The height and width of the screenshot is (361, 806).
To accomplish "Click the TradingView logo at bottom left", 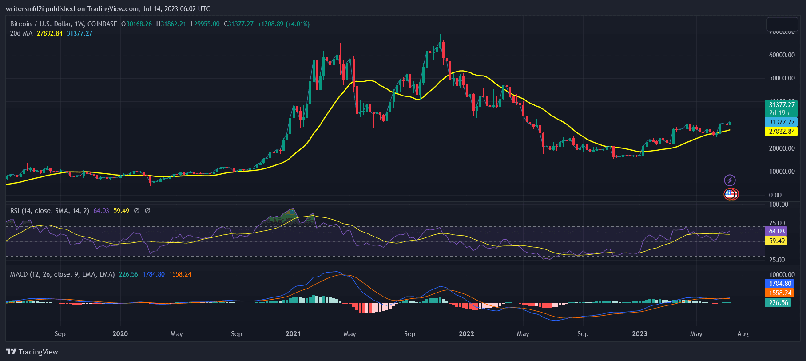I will tap(32, 352).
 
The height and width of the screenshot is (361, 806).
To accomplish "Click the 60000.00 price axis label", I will tap(782, 55).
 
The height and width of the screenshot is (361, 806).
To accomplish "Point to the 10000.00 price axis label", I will tap(782, 172).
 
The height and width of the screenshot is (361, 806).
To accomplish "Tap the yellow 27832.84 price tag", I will tap(780, 132).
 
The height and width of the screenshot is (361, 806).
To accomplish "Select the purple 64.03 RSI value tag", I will tap(777, 231).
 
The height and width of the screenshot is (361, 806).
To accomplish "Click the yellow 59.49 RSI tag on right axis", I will tap(777, 241).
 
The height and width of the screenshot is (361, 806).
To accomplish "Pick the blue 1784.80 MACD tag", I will tap(780, 284).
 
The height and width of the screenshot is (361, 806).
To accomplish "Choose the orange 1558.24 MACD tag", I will tap(780, 293).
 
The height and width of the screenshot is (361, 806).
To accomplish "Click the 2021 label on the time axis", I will tap(293, 334).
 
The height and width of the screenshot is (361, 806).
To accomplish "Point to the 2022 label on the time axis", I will tap(466, 334).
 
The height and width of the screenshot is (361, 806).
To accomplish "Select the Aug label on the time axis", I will tap(742, 334).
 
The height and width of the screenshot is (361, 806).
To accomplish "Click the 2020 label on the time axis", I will tap(120, 334).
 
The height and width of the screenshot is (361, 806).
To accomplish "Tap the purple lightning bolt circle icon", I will tap(730, 180).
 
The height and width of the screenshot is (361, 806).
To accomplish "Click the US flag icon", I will tap(729, 194).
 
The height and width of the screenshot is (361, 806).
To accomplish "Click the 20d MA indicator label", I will tap(21, 33).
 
